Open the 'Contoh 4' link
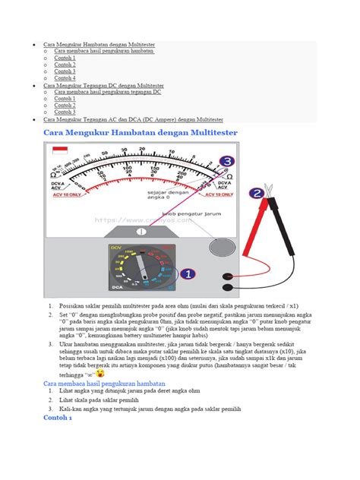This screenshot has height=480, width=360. (x=65, y=78)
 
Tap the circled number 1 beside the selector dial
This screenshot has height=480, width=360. (x=189, y=274)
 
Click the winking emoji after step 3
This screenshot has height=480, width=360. (x=99, y=374)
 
